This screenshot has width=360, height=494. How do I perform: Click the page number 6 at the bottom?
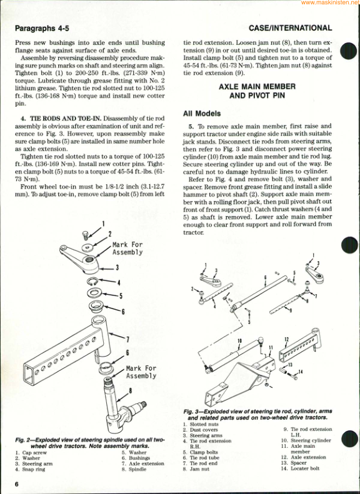17,484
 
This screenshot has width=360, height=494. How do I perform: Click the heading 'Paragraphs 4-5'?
42,28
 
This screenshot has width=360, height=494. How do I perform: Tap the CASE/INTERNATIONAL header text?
290,28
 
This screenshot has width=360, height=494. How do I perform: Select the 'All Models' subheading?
202,114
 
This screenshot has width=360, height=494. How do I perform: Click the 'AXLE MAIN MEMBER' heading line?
257,86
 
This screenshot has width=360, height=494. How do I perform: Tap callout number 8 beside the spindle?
130,391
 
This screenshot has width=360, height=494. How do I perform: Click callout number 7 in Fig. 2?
127,339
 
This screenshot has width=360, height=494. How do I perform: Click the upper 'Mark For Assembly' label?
127,249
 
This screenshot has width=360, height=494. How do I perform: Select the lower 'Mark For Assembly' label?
141,372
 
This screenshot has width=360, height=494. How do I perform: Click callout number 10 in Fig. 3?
239,340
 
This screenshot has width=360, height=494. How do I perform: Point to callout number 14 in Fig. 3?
301,372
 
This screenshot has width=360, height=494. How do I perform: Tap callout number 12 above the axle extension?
286,339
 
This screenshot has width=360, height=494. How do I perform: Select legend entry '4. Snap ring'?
30,469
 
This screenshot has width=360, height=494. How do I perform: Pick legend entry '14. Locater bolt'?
300,468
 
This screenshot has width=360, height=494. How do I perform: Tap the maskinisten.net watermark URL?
330,2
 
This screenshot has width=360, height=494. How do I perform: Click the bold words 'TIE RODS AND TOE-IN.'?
66,119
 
